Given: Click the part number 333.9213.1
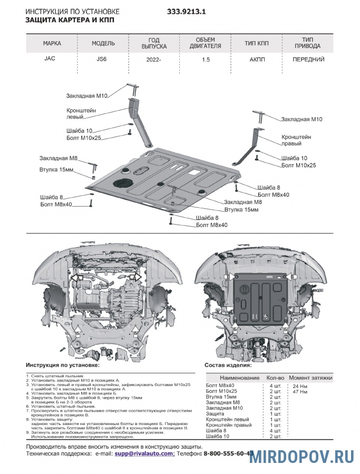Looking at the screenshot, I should coord(187,11).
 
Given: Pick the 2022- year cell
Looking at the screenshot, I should coord(153,60).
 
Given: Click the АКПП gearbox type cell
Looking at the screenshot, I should coord(258,60).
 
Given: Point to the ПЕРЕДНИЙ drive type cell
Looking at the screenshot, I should coord(308,60).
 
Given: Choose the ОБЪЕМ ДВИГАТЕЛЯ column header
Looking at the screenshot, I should coord(205,43).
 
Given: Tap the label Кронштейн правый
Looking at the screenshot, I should coord(296,140).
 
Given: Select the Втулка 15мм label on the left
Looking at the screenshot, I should coord(56,169).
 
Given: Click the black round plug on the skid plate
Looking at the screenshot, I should coord(122,182).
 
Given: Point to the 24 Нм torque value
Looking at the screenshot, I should coord(294,386).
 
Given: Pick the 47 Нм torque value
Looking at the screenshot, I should coord(294,392).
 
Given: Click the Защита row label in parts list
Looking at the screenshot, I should coord(215,414).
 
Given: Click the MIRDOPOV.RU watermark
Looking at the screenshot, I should coord(303,457).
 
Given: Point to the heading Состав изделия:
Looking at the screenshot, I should coord(228,365).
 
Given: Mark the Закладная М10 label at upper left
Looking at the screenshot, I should coord(87,96).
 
